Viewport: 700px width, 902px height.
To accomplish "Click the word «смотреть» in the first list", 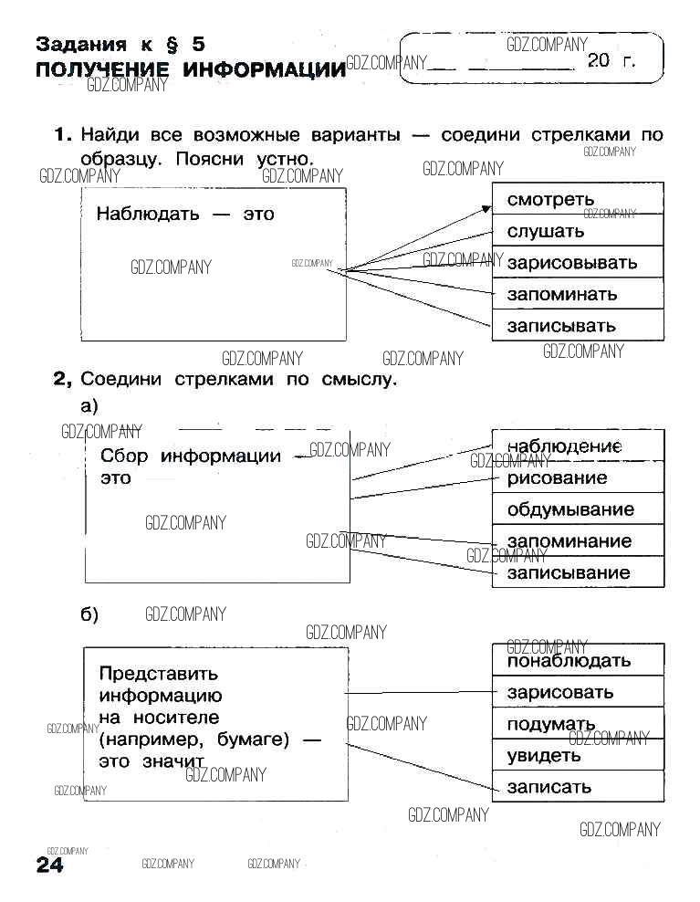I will click(550, 199).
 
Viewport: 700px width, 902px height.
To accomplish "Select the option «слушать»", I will click(546, 231).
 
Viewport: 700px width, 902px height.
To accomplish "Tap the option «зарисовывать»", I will click(571, 263).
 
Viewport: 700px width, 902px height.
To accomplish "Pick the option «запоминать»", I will click(561, 294).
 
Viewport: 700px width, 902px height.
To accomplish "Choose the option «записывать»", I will click(561, 325).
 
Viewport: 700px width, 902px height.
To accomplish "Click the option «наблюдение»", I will click(564, 446).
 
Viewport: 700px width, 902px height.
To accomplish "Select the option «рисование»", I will click(557, 477).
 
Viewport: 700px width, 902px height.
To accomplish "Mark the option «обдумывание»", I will click(570, 509).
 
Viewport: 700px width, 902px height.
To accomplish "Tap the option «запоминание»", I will click(569, 541).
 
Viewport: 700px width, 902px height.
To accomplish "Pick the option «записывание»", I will click(569, 572).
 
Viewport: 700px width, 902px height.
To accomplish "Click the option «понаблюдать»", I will click(569, 660).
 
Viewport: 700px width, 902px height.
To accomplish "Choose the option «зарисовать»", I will click(560, 692).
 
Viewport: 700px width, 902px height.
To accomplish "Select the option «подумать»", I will click(551, 724).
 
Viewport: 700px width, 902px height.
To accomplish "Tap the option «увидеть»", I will click(544, 755).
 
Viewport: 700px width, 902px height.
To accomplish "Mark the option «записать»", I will click(549, 786).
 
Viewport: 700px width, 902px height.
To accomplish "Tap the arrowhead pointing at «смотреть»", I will click(486, 209).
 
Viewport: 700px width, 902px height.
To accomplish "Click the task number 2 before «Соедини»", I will click(61, 379).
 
